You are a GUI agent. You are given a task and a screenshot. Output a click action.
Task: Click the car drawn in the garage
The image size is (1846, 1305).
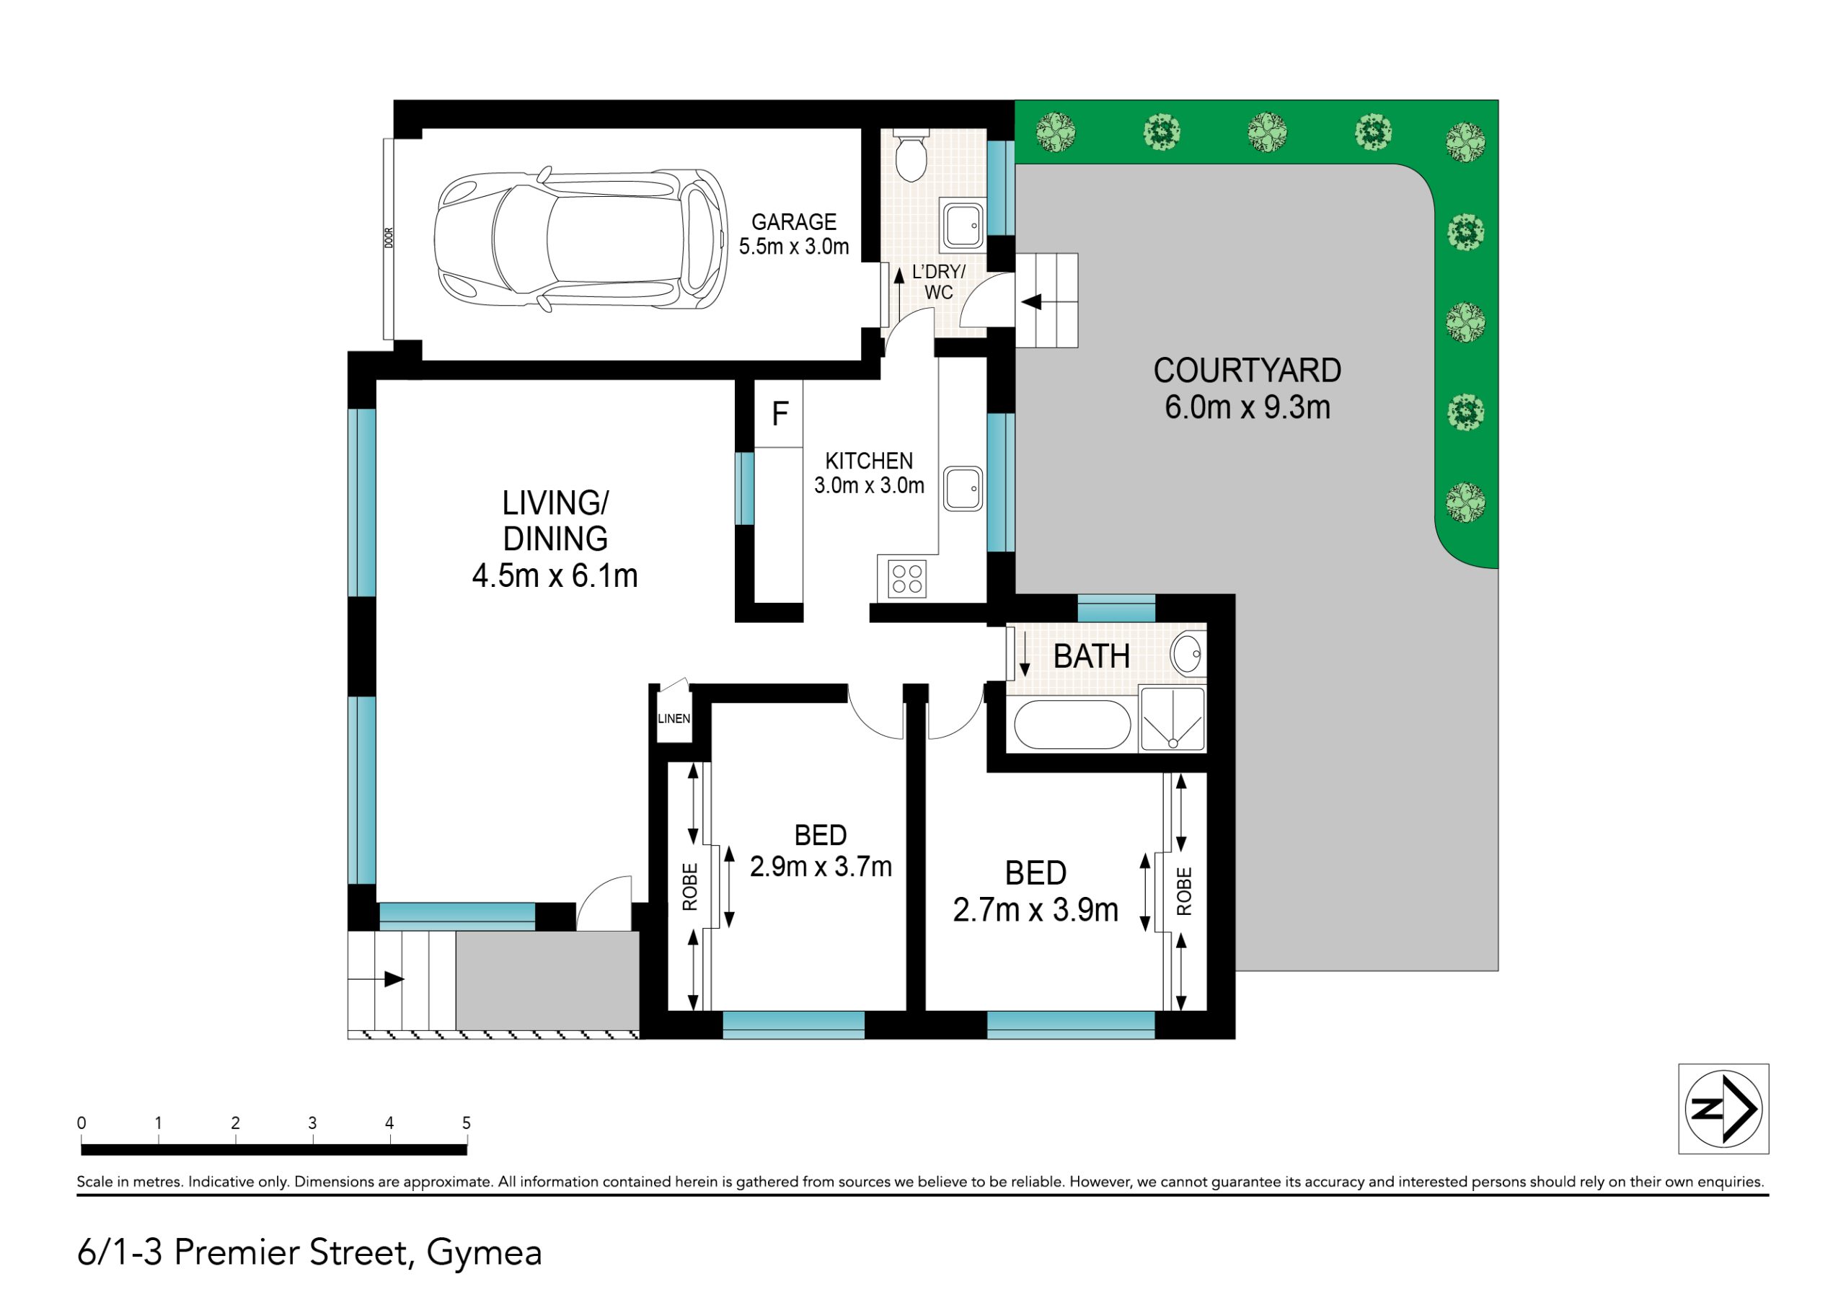point(580,239)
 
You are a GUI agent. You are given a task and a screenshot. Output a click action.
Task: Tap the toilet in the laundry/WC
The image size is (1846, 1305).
point(911,156)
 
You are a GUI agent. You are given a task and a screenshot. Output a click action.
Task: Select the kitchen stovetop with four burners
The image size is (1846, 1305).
point(906,578)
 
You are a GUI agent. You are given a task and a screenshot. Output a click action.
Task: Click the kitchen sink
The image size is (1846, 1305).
point(963,489)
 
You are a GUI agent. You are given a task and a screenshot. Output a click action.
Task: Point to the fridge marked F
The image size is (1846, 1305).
point(779,414)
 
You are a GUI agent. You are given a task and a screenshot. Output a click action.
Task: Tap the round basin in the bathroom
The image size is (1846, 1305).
point(1187,654)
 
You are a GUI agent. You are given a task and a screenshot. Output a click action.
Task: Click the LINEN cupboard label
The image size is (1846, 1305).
point(674,718)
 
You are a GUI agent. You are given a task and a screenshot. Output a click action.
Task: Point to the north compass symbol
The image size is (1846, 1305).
point(1723,1109)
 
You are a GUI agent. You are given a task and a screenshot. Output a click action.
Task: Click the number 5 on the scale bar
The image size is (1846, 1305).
point(467,1123)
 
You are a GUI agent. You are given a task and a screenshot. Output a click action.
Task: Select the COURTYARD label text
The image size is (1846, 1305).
point(1247,371)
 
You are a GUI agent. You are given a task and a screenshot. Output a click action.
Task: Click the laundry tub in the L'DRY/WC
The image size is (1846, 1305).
point(963,226)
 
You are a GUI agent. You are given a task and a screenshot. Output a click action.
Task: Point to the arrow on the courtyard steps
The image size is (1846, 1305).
point(1032,302)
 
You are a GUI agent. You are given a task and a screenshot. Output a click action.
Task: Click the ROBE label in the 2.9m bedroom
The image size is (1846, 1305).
point(690,887)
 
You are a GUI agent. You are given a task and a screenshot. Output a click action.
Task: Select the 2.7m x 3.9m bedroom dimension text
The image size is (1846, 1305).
point(1035,910)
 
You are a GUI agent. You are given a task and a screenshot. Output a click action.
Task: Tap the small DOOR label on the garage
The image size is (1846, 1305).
point(389,238)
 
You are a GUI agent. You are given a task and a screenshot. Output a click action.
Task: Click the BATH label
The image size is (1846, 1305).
point(1091,656)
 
